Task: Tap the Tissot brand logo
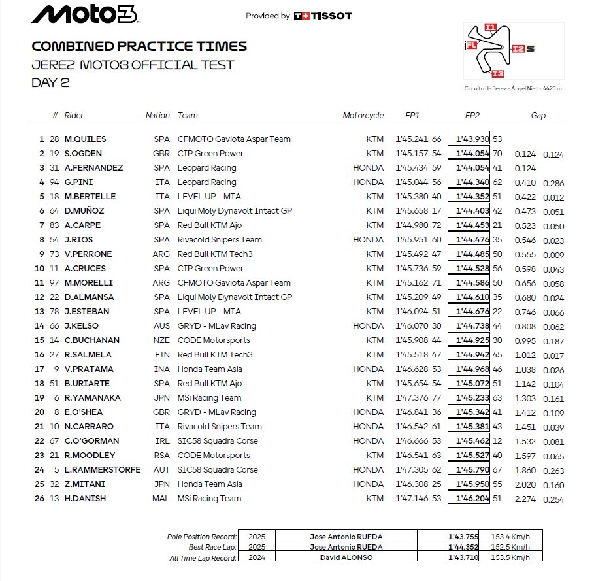[x=323, y=16]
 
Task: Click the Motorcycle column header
[x=363, y=116]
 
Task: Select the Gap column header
[x=538, y=116]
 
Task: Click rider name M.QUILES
[x=85, y=139]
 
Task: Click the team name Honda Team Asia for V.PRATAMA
[x=209, y=369]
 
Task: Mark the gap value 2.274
[x=525, y=499]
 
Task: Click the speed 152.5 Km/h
[x=512, y=547]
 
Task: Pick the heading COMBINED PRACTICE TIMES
[x=139, y=46]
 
